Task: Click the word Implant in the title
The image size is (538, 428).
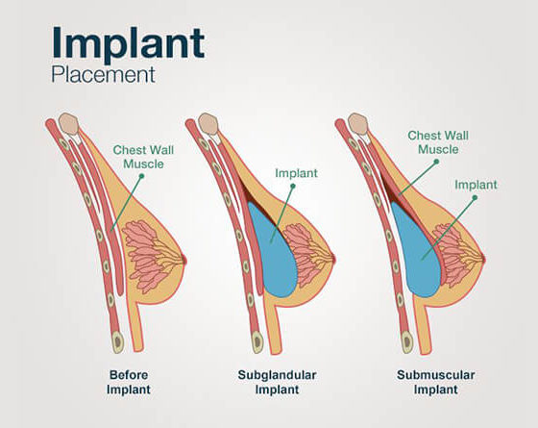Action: coord(128,43)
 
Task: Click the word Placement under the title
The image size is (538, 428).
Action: coord(104,75)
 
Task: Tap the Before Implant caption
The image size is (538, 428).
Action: coord(129,382)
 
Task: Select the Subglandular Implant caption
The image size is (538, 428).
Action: coord(277,382)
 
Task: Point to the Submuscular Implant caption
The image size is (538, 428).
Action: coord(436,382)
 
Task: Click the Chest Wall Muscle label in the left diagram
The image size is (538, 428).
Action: coord(143,157)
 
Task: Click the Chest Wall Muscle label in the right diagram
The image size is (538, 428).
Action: coord(438,142)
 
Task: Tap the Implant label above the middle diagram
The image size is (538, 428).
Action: coord(296,173)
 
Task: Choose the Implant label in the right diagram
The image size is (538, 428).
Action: coord(476,185)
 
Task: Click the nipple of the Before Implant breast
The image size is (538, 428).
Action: coord(184,260)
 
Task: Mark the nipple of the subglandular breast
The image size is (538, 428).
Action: coord(332,260)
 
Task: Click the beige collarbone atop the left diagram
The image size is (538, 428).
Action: coord(69,123)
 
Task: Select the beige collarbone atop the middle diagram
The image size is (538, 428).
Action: coord(208,124)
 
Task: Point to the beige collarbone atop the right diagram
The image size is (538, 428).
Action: coord(358,124)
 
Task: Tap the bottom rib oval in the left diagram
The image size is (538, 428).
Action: coord(117,341)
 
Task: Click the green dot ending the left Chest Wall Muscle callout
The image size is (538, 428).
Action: coord(141,176)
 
